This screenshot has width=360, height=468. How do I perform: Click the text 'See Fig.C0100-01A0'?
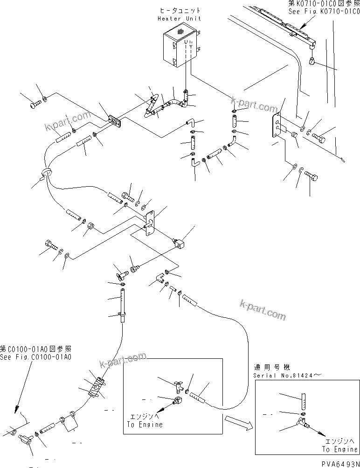tap(36, 356)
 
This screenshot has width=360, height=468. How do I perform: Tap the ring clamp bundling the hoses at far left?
tap(46, 173)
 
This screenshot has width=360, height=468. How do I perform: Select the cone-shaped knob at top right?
tap(313, 61)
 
